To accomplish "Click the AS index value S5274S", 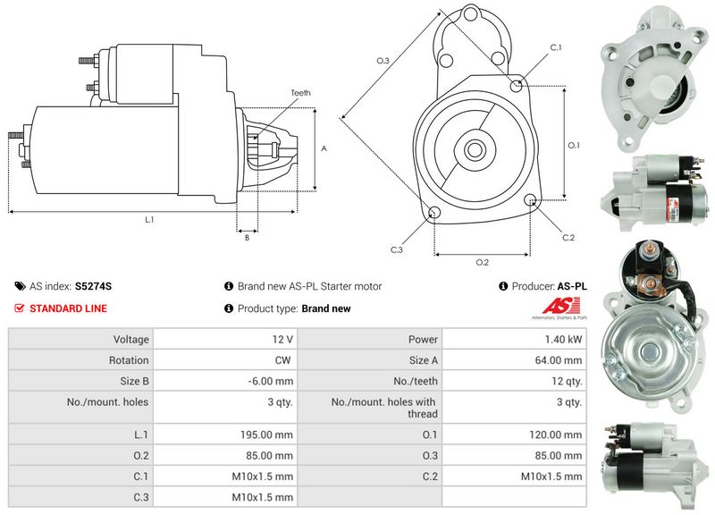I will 93,286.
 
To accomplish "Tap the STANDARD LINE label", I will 68,308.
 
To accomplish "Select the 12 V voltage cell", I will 283,340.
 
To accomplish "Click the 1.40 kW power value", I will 565,340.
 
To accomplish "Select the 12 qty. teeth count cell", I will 568,381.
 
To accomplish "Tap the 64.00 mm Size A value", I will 559,360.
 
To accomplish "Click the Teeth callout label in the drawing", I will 300,93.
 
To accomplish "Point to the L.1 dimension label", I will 149,220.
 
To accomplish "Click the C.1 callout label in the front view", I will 555,46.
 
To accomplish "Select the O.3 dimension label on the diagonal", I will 383,61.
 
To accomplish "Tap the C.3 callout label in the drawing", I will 397,249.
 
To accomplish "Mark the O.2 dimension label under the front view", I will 482,262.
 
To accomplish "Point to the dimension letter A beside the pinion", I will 324,149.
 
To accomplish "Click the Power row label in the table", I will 423,340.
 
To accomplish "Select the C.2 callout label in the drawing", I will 568,237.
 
